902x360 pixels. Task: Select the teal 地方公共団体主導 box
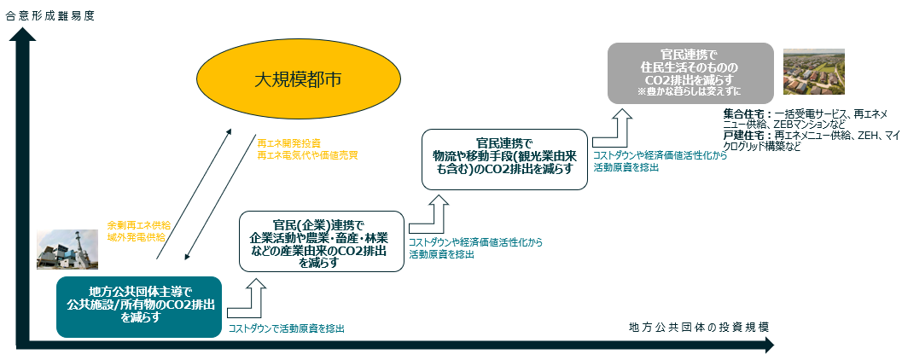click(140, 305)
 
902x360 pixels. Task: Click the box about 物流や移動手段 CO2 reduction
click(503, 159)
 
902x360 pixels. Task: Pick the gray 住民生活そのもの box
click(691, 73)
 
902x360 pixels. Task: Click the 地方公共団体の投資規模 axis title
click(699, 328)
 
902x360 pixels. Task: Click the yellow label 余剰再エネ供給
click(138, 224)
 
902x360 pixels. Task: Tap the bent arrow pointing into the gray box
click(613, 126)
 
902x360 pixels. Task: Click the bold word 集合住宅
click(743, 113)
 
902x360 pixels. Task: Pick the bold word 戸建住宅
click(743, 135)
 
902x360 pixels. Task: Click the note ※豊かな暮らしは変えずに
click(691, 91)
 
